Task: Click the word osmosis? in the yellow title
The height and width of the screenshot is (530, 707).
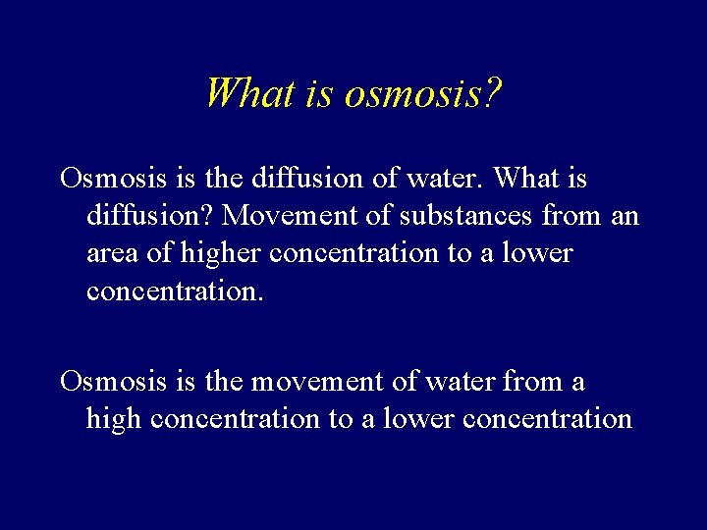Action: pyautogui.click(x=423, y=94)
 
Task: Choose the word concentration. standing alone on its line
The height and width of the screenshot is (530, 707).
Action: pyautogui.click(x=176, y=291)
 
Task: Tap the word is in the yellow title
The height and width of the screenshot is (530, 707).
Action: pyautogui.click(x=319, y=94)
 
